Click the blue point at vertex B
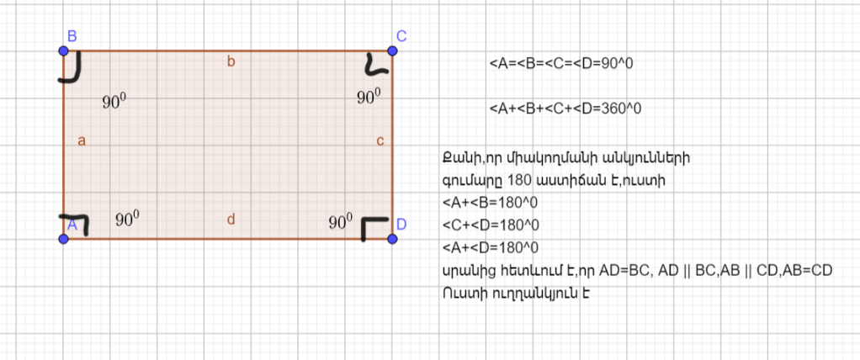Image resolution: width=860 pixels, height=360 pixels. pos(64,50)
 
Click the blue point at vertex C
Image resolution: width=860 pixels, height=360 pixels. pos(392,50)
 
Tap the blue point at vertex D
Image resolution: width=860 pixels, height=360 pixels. pos(392,239)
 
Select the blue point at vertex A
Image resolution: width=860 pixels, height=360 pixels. pos(64,239)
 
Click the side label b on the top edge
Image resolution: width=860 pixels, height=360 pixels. pos(231,61)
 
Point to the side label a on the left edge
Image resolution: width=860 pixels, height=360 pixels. pos(82,140)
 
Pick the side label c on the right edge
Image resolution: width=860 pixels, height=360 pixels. pos(380,140)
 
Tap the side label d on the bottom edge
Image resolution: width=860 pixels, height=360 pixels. pos(231,220)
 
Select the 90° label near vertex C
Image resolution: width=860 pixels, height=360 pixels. pos(369,98)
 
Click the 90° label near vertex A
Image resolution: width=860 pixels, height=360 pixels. pos(127,220)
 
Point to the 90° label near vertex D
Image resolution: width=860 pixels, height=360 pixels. pos(340,222)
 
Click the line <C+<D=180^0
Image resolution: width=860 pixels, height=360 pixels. pos(490,225)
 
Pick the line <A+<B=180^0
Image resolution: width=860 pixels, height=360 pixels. pos(490,202)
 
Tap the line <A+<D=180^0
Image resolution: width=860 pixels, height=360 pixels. pos(490,247)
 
